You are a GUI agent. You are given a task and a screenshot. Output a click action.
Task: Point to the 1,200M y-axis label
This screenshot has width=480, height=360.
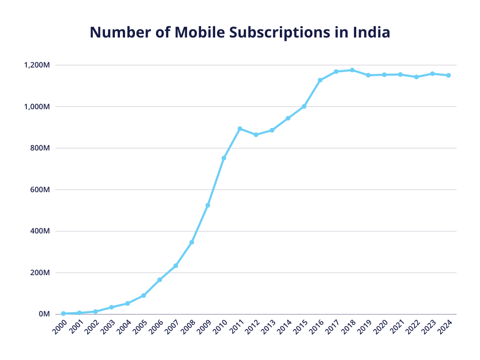point(37,65)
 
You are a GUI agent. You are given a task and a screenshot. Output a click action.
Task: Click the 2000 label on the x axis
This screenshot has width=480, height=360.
point(60,326)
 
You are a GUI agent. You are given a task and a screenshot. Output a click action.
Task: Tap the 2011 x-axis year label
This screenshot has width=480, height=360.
point(236,326)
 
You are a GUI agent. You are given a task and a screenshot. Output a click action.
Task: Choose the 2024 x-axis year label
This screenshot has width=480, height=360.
point(444,326)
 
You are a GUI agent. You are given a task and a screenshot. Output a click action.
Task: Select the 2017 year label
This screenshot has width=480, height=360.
point(332,326)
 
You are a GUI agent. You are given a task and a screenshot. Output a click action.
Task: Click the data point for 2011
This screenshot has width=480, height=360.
point(240,128)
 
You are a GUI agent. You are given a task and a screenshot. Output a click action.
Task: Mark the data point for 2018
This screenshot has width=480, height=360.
point(352,70)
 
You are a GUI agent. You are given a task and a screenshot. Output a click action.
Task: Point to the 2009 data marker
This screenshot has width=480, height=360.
point(208,205)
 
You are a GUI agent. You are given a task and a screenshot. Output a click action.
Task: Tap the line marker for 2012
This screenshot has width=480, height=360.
point(256,135)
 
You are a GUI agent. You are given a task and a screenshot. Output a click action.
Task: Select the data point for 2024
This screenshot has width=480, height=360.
point(449,75)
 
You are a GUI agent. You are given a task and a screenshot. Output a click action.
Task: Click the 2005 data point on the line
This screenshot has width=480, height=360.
point(143,295)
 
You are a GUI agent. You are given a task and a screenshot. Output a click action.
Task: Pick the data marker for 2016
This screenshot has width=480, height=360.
point(320,80)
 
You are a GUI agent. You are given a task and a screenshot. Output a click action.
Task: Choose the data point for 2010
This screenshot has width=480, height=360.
point(224,158)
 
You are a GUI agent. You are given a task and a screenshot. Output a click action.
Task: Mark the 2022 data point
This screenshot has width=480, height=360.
point(416,77)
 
